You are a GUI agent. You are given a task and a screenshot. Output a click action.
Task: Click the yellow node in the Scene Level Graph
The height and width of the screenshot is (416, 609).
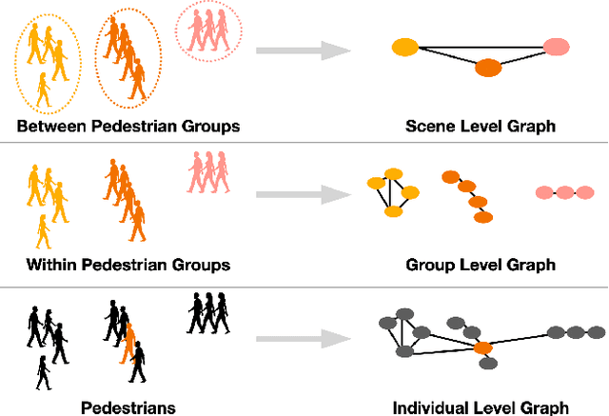[404, 46]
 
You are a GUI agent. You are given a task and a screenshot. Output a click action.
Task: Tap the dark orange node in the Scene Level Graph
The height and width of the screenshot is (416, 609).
[487, 68]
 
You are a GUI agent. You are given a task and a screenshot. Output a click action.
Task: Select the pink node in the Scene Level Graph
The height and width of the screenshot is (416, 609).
[556, 46]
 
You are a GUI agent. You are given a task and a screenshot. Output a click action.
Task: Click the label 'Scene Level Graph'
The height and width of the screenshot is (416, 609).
[480, 126]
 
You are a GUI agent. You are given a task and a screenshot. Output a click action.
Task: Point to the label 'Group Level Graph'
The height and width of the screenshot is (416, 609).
[480, 265]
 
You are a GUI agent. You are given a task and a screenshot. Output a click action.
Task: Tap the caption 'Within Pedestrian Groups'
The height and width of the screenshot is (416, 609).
[128, 265]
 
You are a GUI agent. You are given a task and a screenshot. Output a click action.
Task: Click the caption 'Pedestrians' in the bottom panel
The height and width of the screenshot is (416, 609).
[128, 406]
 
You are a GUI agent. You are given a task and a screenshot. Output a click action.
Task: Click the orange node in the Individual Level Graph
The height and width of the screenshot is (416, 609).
[483, 349]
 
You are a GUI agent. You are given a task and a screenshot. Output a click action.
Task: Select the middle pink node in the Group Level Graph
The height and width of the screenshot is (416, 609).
[563, 192]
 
